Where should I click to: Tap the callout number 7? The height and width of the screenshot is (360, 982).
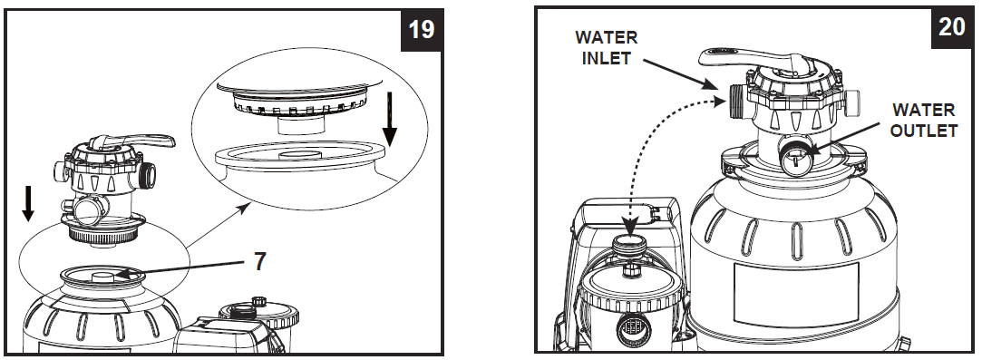click(x=259, y=262)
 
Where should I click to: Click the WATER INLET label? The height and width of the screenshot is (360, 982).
click(x=607, y=49)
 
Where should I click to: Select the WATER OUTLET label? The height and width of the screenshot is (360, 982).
click(x=924, y=120)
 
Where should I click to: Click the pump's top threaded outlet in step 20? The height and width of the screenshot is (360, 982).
click(x=627, y=248)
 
